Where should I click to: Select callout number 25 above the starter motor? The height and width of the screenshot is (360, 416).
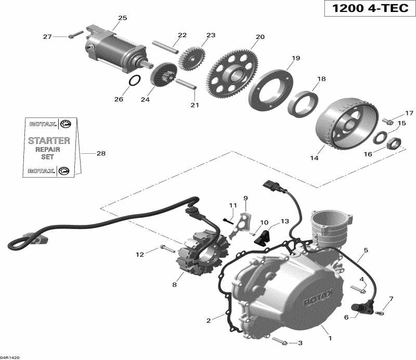coord(122,18)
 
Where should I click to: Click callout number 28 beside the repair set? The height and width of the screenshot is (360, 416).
coord(100,153)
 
